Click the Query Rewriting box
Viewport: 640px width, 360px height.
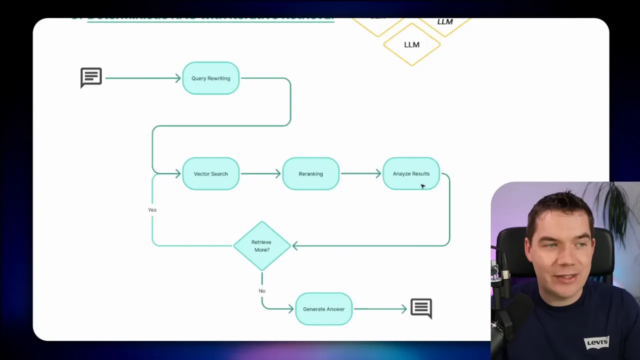coord(210,78)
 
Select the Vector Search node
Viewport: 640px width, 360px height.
coord(210,174)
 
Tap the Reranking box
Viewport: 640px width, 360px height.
coord(310,174)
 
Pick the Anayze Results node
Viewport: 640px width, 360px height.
coord(411,174)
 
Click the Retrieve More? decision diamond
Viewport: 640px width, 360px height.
coord(261,246)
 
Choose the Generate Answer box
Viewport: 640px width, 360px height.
coord(323,309)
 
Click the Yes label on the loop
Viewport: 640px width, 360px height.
coord(152,210)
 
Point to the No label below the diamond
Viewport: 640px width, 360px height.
coord(262,291)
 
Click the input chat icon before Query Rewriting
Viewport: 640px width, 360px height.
coord(91,77)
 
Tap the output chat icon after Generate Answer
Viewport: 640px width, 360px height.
coord(421,308)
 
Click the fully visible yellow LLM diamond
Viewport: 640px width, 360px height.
coord(411,44)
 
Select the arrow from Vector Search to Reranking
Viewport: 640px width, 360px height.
coord(260,174)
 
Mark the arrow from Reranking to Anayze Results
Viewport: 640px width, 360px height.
coord(360,174)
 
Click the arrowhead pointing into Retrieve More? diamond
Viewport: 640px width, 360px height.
coord(295,246)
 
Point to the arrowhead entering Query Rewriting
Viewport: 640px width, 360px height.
coord(177,78)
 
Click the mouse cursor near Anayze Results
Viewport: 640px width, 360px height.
coord(422,186)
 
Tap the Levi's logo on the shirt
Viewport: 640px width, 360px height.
coord(597,342)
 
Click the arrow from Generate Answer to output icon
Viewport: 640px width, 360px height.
coord(380,309)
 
